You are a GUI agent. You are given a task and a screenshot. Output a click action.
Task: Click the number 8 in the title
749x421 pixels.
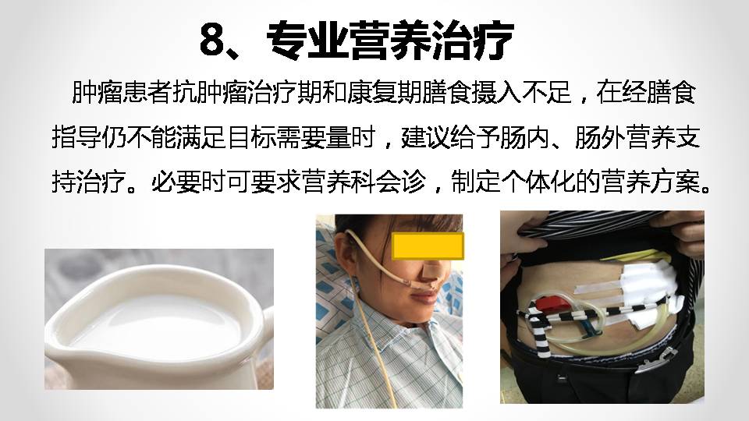pyautogui.click(x=212, y=41)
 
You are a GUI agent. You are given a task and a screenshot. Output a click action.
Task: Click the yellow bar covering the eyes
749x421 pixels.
pyautogui.click(x=428, y=246)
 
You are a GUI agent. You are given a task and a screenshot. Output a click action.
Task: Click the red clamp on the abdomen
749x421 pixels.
pyautogui.click(x=548, y=303)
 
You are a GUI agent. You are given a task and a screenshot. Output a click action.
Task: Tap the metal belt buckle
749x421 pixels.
pyautogui.click(x=655, y=360)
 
